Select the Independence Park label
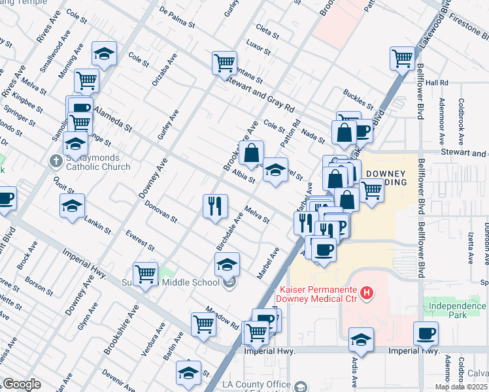coord(455,304)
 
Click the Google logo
coord(22,384)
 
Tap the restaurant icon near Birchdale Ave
coord(214,206)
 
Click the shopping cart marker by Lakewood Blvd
coord(402,58)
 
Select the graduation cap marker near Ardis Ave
coord(361,340)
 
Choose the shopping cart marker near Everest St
coord(145,274)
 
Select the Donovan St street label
coord(161,211)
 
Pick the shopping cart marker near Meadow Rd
coord(204,323)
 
